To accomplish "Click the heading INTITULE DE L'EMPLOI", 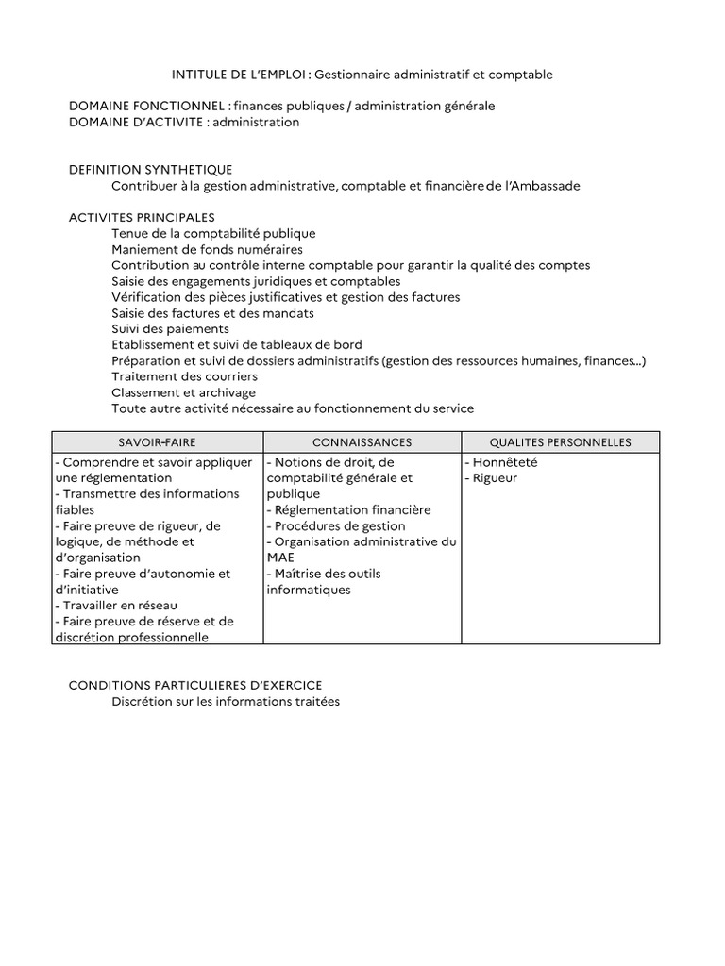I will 240,74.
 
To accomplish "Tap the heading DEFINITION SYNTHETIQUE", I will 150,169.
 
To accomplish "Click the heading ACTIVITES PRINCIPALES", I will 142,217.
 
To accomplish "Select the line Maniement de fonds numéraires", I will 207,249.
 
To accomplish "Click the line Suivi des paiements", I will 170,329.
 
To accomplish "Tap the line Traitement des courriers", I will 184,377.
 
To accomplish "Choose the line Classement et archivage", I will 183,392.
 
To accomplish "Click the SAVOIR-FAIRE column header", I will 157,442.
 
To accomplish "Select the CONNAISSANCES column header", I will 362,442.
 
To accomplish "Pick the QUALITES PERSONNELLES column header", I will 560,442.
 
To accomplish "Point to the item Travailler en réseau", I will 117,605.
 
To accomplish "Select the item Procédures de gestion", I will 336,526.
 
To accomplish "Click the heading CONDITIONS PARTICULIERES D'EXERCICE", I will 195,685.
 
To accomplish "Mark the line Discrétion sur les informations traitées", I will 225,702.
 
